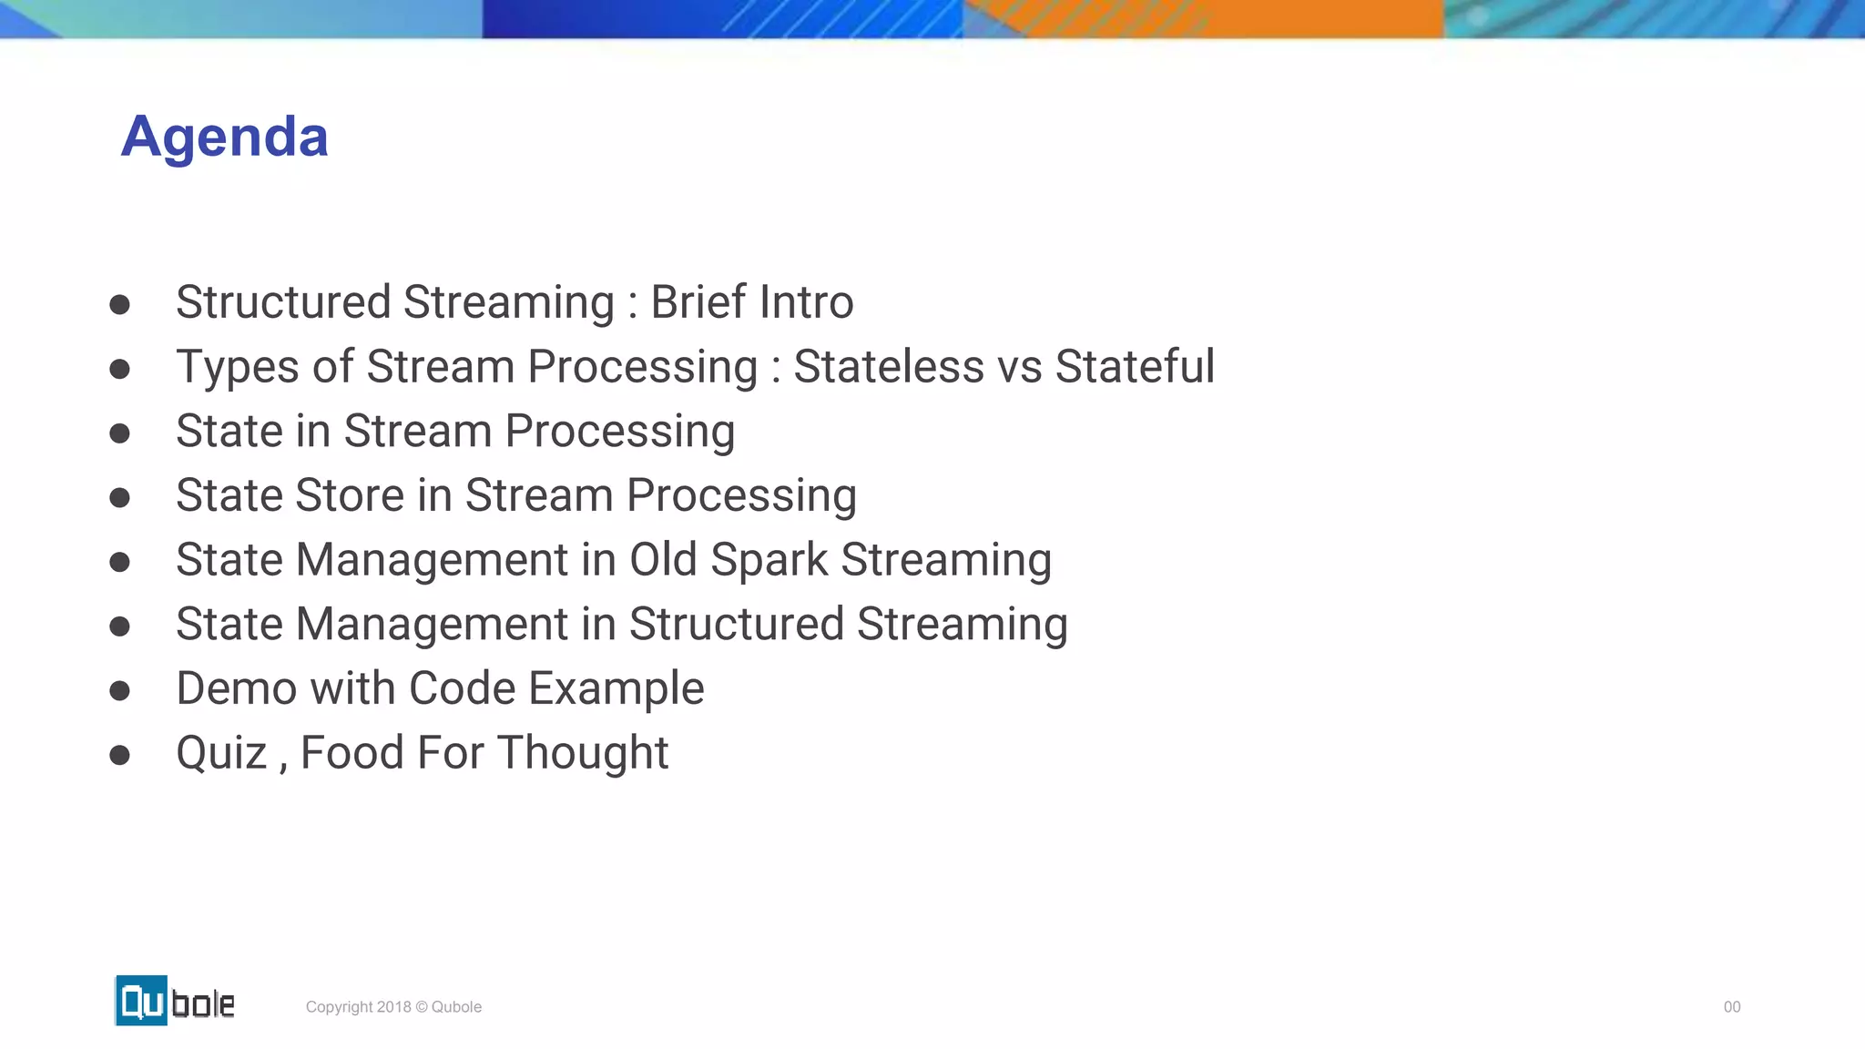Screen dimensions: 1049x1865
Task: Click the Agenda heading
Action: pyautogui.click(x=224, y=137)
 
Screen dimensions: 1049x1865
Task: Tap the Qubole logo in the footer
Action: pyautogui.click(x=175, y=1001)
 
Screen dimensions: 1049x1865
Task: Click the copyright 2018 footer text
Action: pyautogui.click(x=393, y=1006)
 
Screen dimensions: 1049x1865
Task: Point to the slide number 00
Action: pyautogui.click(x=1731, y=1006)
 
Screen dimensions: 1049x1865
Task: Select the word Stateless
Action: pyautogui.click(x=889, y=367)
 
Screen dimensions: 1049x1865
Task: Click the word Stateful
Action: pyautogui.click(x=1135, y=367)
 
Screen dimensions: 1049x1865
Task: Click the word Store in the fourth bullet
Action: pyautogui.click(x=350, y=495)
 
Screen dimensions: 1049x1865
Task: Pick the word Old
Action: pyautogui.click(x=663, y=559)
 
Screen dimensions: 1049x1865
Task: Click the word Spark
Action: pyautogui.click(x=769, y=561)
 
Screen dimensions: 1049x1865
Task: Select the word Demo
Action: pyautogui.click(x=236, y=688)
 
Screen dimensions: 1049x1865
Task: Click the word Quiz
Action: pyautogui.click(x=220, y=754)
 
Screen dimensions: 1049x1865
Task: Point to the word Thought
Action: pyautogui.click(x=583, y=754)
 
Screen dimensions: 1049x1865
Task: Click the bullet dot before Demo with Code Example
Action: pyautogui.click(x=119, y=691)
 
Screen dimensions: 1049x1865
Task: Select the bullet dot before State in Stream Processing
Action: pyautogui.click(x=119, y=433)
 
